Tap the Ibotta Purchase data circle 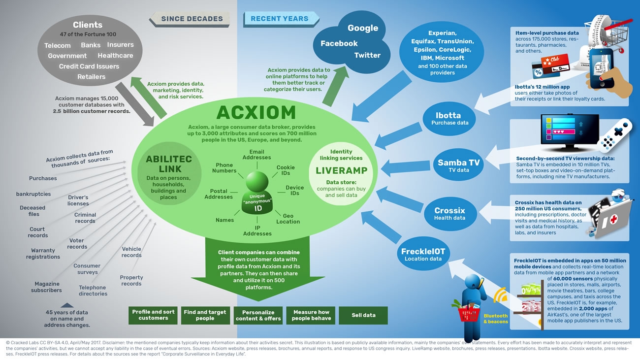(x=448, y=119)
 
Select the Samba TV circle (x=458, y=166)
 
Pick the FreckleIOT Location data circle (x=423, y=254)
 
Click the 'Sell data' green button (x=363, y=315)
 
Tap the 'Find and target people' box (x=205, y=315)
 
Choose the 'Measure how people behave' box (x=311, y=315)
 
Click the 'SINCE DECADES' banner (x=192, y=19)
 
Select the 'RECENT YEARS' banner (x=280, y=19)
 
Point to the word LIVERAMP (x=342, y=170)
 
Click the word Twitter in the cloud (x=367, y=55)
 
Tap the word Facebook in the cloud (x=339, y=43)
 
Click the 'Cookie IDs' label (x=286, y=170)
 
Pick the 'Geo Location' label (x=288, y=219)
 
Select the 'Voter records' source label (x=77, y=244)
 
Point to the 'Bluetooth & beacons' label (x=495, y=319)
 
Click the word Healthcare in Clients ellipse (x=115, y=56)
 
